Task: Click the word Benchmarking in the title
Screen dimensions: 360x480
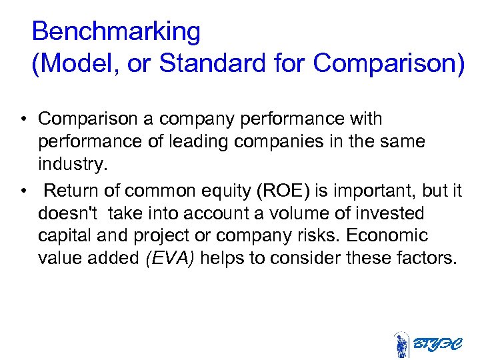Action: pyautogui.click(x=115, y=31)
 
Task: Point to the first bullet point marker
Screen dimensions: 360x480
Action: pyautogui.click(x=23, y=119)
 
